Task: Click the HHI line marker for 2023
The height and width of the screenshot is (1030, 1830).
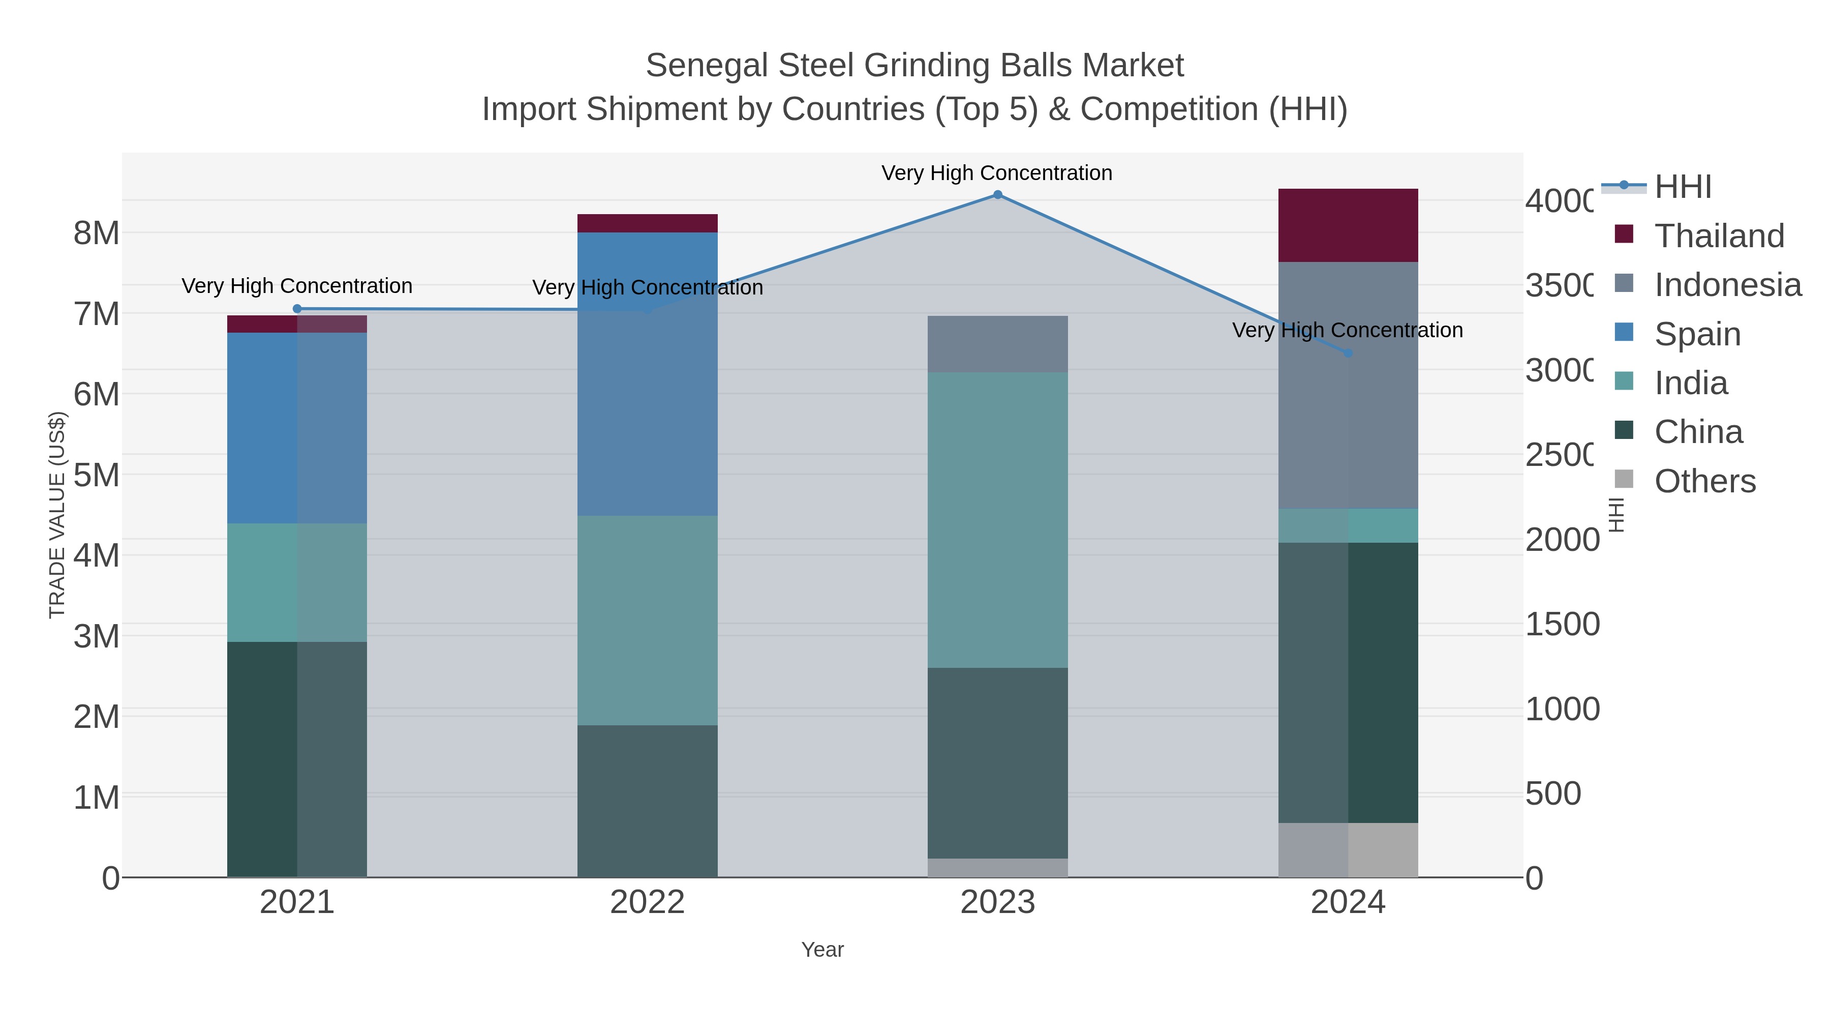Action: [x=997, y=195]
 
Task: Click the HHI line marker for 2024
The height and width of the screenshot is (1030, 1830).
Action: [x=1348, y=354]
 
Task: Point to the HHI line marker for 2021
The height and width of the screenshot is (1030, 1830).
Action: [x=297, y=309]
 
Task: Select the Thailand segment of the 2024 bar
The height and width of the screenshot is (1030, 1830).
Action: [x=1348, y=225]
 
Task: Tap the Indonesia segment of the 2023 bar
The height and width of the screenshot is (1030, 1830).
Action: [x=997, y=344]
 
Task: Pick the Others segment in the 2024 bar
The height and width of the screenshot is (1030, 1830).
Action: [x=1348, y=849]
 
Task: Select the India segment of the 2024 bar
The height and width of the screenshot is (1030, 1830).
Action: [x=1348, y=525]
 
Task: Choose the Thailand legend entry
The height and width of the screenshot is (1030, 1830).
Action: [x=1719, y=236]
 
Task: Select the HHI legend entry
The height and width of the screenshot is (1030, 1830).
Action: [x=1682, y=187]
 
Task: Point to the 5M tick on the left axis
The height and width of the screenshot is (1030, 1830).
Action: [x=97, y=475]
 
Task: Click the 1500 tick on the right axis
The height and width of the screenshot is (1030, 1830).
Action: [x=1562, y=624]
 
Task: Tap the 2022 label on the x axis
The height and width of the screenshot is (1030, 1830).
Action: [x=647, y=903]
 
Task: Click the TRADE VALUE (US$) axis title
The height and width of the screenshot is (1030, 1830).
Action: [x=57, y=515]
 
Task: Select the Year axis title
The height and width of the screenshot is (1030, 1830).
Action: [x=822, y=950]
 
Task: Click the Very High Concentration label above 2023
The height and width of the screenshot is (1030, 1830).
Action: [x=997, y=173]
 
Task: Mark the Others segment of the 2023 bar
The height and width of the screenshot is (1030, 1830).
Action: [x=997, y=868]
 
